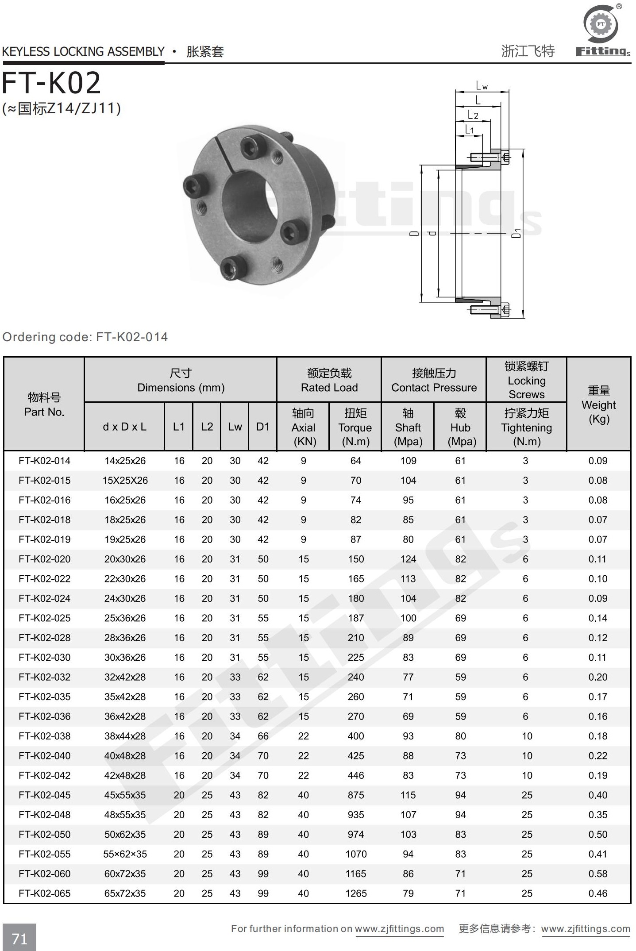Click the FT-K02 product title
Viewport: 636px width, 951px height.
coord(52,83)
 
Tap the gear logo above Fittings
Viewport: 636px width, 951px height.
coord(601,24)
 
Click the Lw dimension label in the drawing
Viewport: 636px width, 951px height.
coord(482,85)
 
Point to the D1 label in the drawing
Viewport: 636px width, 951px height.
coord(517,233)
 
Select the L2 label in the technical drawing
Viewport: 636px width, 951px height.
coord(473,115)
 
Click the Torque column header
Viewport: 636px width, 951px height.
coord(355,427)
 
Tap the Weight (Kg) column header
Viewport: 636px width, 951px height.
coord(598,404)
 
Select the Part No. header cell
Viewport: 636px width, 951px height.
coord(44,404)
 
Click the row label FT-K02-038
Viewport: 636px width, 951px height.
coord(45,736)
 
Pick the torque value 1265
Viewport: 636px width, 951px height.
coord(356,893)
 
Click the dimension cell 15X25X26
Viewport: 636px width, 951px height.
coord(125,480)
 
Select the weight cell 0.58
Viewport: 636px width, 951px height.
coord(597,874)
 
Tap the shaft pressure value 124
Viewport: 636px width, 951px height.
coord(408,559)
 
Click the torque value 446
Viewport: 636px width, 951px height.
coord(356,775)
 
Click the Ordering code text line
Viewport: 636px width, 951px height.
coord(85,337)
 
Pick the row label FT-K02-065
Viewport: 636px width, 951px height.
coord(45,893)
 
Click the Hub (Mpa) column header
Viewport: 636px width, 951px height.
coord(460,427)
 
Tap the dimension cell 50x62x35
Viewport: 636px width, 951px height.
coord(125,834)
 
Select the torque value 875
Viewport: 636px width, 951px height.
coord(356,795)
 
